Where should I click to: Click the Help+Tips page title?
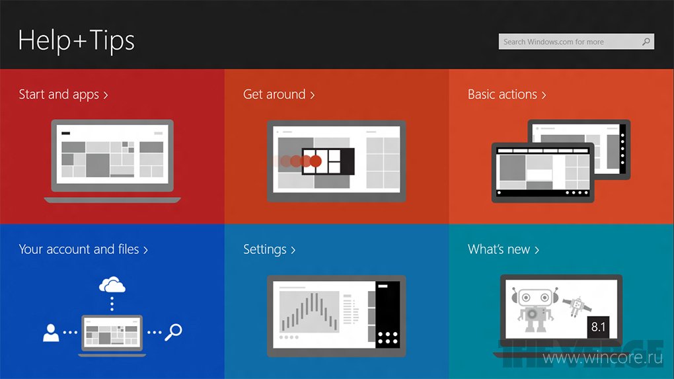77,41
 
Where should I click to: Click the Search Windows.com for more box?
576,42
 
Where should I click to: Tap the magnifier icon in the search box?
646,42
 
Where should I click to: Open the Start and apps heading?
63,94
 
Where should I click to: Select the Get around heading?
279,94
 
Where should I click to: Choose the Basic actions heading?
507,94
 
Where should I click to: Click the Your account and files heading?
83,249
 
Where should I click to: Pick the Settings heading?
270,249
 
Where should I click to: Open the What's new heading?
504,249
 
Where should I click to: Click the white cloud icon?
112,285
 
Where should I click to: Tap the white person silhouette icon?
51,333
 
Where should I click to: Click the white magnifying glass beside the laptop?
174,332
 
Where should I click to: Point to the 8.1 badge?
598,327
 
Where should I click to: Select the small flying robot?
577,306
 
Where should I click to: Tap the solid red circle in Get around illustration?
315,161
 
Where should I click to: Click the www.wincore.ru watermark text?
603,357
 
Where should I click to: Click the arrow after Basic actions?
544,95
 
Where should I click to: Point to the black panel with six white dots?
388,314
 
